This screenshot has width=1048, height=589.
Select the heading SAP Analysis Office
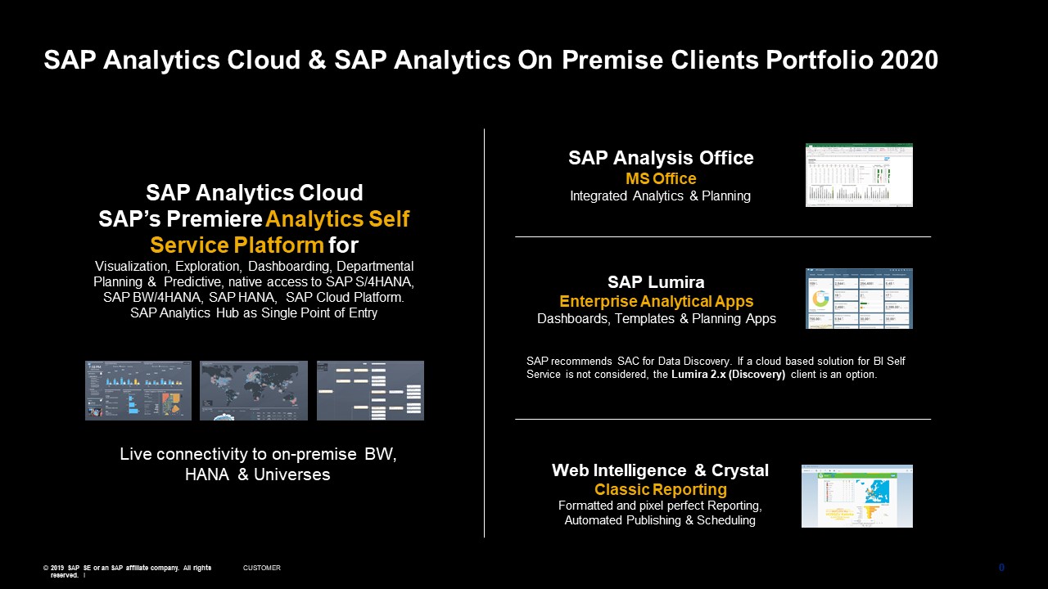point(661,158)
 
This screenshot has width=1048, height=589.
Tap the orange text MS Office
point(661,178)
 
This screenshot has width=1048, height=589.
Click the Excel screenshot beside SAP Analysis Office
point(859,175)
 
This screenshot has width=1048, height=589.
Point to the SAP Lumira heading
point(656,282)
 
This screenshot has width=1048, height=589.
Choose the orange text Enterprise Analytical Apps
point(656,301)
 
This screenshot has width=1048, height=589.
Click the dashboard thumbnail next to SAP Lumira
point(859,299)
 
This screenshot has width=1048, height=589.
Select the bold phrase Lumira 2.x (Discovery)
point(729,375)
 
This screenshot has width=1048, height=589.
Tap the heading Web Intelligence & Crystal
point(660,470)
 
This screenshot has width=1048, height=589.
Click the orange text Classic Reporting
point(660,489)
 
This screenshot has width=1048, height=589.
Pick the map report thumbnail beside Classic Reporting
point(856,496)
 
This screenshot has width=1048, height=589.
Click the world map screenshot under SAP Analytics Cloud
point(254,390)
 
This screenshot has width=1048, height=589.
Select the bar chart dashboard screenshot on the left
point(138,390)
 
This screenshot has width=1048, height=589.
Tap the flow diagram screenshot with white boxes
point(370,390)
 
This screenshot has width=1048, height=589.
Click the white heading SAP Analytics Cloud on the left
point(254,193)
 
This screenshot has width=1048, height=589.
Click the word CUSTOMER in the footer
point(262,568)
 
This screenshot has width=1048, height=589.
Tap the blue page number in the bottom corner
point(1001,568)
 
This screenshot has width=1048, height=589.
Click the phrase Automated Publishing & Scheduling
point(660,520)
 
